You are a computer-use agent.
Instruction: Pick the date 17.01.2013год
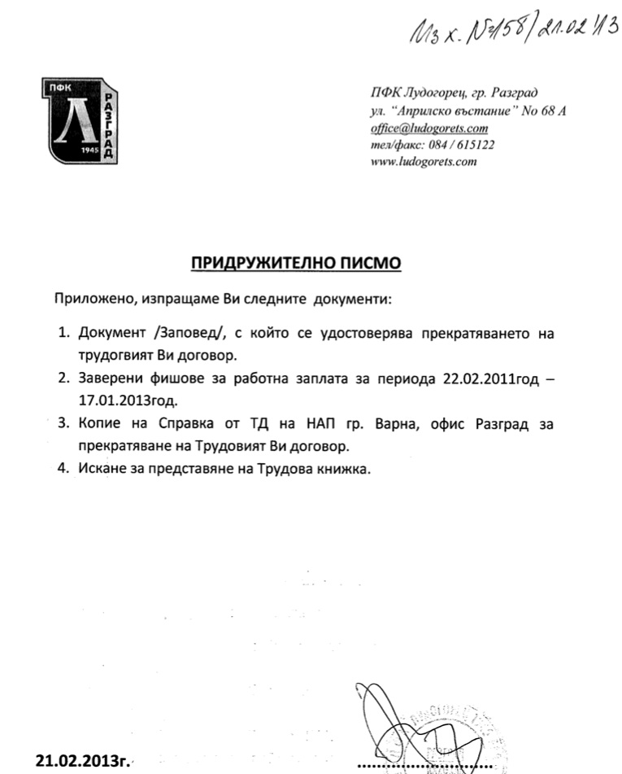click(128, 401)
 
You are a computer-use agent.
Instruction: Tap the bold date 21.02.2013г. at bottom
click(81, 761)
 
